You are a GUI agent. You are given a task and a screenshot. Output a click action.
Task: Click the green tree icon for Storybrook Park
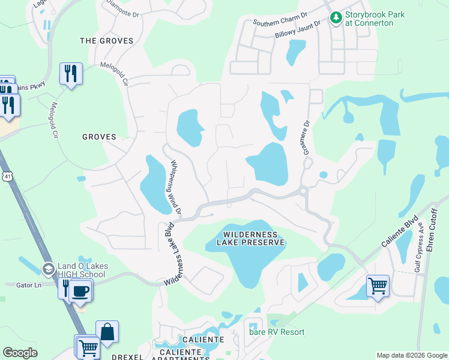tap(336, 19)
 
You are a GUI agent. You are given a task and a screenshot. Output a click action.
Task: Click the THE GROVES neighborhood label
tap(105, 40)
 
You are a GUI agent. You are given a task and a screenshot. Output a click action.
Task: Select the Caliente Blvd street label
tap(400, 235)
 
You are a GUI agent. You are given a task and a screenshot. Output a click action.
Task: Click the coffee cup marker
tap(79, 291)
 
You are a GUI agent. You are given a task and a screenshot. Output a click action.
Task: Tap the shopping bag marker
tap(107, 331)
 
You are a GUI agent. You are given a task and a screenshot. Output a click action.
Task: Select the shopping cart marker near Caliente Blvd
tap(378, 285)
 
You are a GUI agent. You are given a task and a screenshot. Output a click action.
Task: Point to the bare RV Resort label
tap(277, 332)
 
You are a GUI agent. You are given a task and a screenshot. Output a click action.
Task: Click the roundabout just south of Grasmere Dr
tap(303, 192)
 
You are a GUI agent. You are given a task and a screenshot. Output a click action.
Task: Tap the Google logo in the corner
tap(20, 353)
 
